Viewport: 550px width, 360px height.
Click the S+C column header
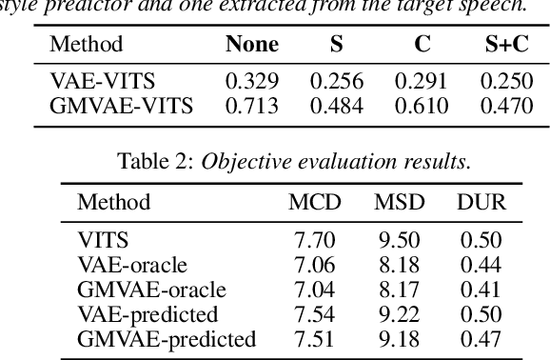tap(505, 44)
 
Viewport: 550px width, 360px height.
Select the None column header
tap(251, 44)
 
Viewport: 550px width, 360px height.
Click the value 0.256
tap(338, 83)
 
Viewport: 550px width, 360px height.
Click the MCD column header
tap(313, 202)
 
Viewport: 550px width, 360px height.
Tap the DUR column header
tap(481, 202)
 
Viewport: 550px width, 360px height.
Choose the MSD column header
tap(398, 202)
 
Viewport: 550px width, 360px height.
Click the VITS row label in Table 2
tap(101, 242)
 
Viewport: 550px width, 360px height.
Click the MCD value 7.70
tap(313, 242)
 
